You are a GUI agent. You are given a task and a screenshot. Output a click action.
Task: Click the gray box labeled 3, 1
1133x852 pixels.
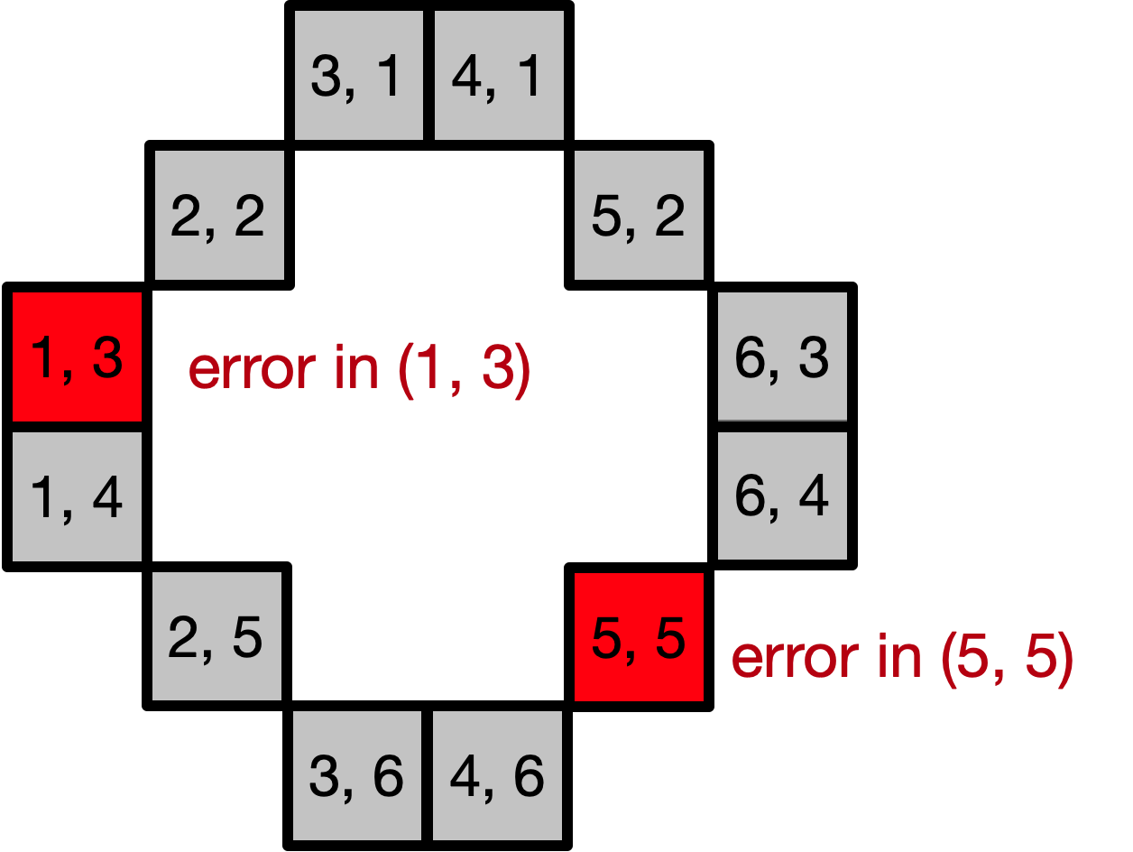point(358,76)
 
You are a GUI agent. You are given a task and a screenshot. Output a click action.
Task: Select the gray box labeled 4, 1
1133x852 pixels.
point(499,76)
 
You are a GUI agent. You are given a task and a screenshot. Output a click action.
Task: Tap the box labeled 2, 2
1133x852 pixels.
point(219,215)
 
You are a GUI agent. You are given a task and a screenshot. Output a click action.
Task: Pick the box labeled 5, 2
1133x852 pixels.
point(639,215)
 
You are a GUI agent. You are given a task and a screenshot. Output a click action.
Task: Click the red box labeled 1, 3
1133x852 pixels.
point(77,357)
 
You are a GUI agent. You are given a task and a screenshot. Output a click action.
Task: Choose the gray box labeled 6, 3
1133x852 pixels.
point(782,357)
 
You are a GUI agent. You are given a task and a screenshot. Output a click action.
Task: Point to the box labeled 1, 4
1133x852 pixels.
point(77,496)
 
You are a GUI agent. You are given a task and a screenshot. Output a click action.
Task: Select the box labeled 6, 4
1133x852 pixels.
point(782,495)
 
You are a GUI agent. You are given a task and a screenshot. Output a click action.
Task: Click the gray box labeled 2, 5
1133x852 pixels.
point(216,635)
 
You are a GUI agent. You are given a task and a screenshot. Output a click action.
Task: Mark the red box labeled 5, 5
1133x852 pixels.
point(639,636)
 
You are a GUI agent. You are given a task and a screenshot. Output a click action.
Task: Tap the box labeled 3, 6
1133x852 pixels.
point(357,775)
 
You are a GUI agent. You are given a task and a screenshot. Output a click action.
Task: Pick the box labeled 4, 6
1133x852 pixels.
point(497,775)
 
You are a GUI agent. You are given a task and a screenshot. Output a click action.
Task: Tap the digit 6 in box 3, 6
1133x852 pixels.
point(387,775)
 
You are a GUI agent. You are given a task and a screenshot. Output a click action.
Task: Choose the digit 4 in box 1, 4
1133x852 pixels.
point(106,497)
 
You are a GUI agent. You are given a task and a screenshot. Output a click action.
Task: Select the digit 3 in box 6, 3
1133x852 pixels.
point(813,357)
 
